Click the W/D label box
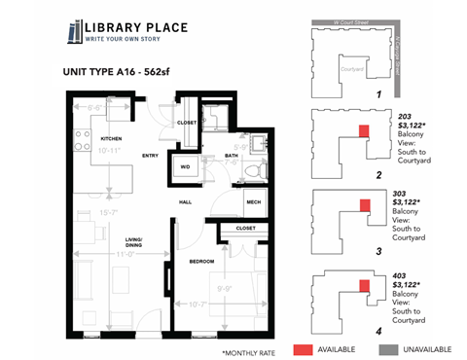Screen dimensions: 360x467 pyautogui.click(x=186, y=166)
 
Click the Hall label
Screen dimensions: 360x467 pyautogui.click(x=184, y=202)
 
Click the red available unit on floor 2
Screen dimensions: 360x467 pyautogui.click(x=364, y=130)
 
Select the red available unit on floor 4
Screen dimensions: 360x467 pyautogui.click(x=364, y=286)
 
